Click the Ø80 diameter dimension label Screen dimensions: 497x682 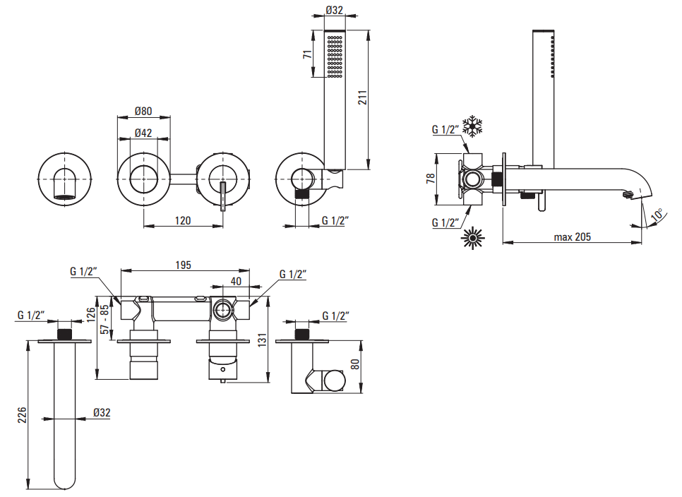pos(144,112)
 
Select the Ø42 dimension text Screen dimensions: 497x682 pos(144,133)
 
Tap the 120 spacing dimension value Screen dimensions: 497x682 pos(183,220)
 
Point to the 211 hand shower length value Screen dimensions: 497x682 pos(363,99)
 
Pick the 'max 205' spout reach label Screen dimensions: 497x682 pos(572,237)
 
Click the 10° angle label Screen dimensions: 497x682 pos(657,214)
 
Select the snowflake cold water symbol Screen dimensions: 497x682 pos(472,127)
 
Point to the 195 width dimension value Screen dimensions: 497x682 pos(184,265)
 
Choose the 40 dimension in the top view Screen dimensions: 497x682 pos(236,281)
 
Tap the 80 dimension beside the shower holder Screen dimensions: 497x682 pos(354,365)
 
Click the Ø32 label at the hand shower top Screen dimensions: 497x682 pos(334,11)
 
